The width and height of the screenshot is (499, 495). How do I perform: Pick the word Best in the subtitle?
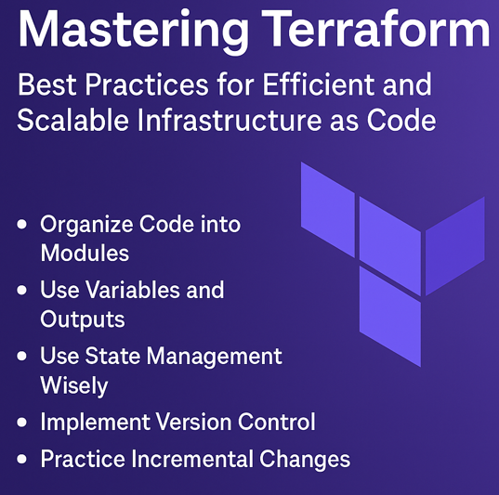point(46,85)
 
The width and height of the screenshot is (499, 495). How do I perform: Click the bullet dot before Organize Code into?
point(22,226)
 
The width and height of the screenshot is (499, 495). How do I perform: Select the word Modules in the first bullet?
point(85,253)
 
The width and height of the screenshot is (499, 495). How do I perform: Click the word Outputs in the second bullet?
point(83,319)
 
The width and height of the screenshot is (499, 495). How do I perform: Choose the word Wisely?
point(74,384)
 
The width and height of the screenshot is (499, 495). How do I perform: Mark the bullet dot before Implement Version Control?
point(22,423)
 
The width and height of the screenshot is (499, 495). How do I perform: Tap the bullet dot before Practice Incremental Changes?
point(22,461)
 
